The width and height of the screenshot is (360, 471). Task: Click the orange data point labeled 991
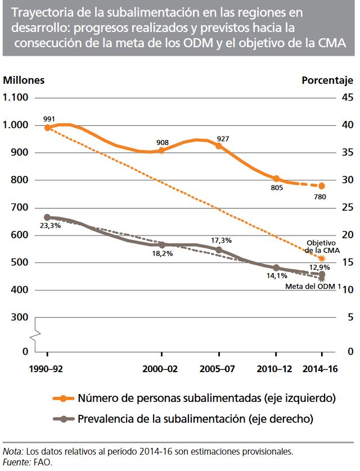point(48,128)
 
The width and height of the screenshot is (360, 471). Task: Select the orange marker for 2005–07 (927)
point(219,146)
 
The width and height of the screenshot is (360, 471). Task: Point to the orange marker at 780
point(322,186)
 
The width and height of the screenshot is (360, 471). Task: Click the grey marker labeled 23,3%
point(48,218)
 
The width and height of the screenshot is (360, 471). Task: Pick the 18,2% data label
point(163,253)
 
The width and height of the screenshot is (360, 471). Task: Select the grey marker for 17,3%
point(219,250)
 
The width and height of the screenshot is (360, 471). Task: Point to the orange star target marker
point(322,259)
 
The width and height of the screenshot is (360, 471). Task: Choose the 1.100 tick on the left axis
point(16,97)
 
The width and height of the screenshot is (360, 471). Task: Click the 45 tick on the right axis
point(348,97)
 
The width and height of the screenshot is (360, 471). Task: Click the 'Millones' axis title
point(24,80)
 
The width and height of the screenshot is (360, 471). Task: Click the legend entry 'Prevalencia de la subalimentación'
point(195,419)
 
